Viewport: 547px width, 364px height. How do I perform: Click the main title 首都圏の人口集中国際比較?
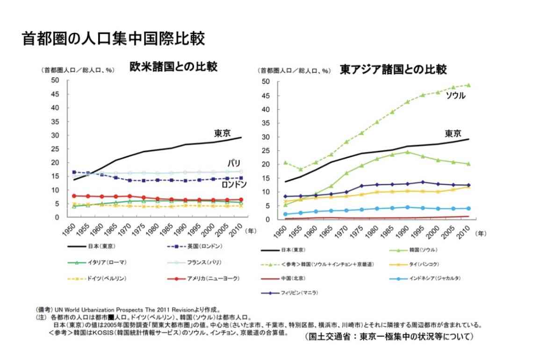point(113,38)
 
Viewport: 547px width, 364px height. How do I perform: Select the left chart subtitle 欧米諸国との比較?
point(173,66)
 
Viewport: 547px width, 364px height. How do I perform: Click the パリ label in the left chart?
point(234,163)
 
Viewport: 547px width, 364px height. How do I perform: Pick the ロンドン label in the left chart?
point(234,184)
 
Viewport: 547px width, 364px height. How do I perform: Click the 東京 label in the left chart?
point(223,133)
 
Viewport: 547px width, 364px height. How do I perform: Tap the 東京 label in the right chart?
point(453,133)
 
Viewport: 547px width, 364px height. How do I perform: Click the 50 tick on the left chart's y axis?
point(56,80)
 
